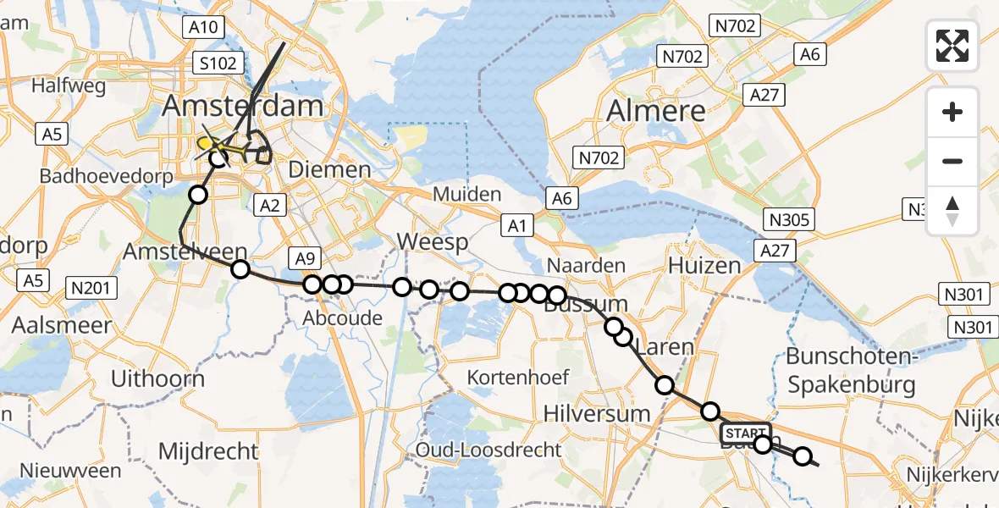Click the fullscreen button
952,46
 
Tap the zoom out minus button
952,161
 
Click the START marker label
744,433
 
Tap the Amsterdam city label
244,107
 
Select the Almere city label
656,110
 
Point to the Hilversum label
597,414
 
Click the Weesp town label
433,244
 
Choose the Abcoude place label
344,318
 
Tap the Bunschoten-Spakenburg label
851,370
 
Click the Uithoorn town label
158,378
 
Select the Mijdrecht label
209,450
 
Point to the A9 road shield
306,258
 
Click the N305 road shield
790,221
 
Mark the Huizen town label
704,266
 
